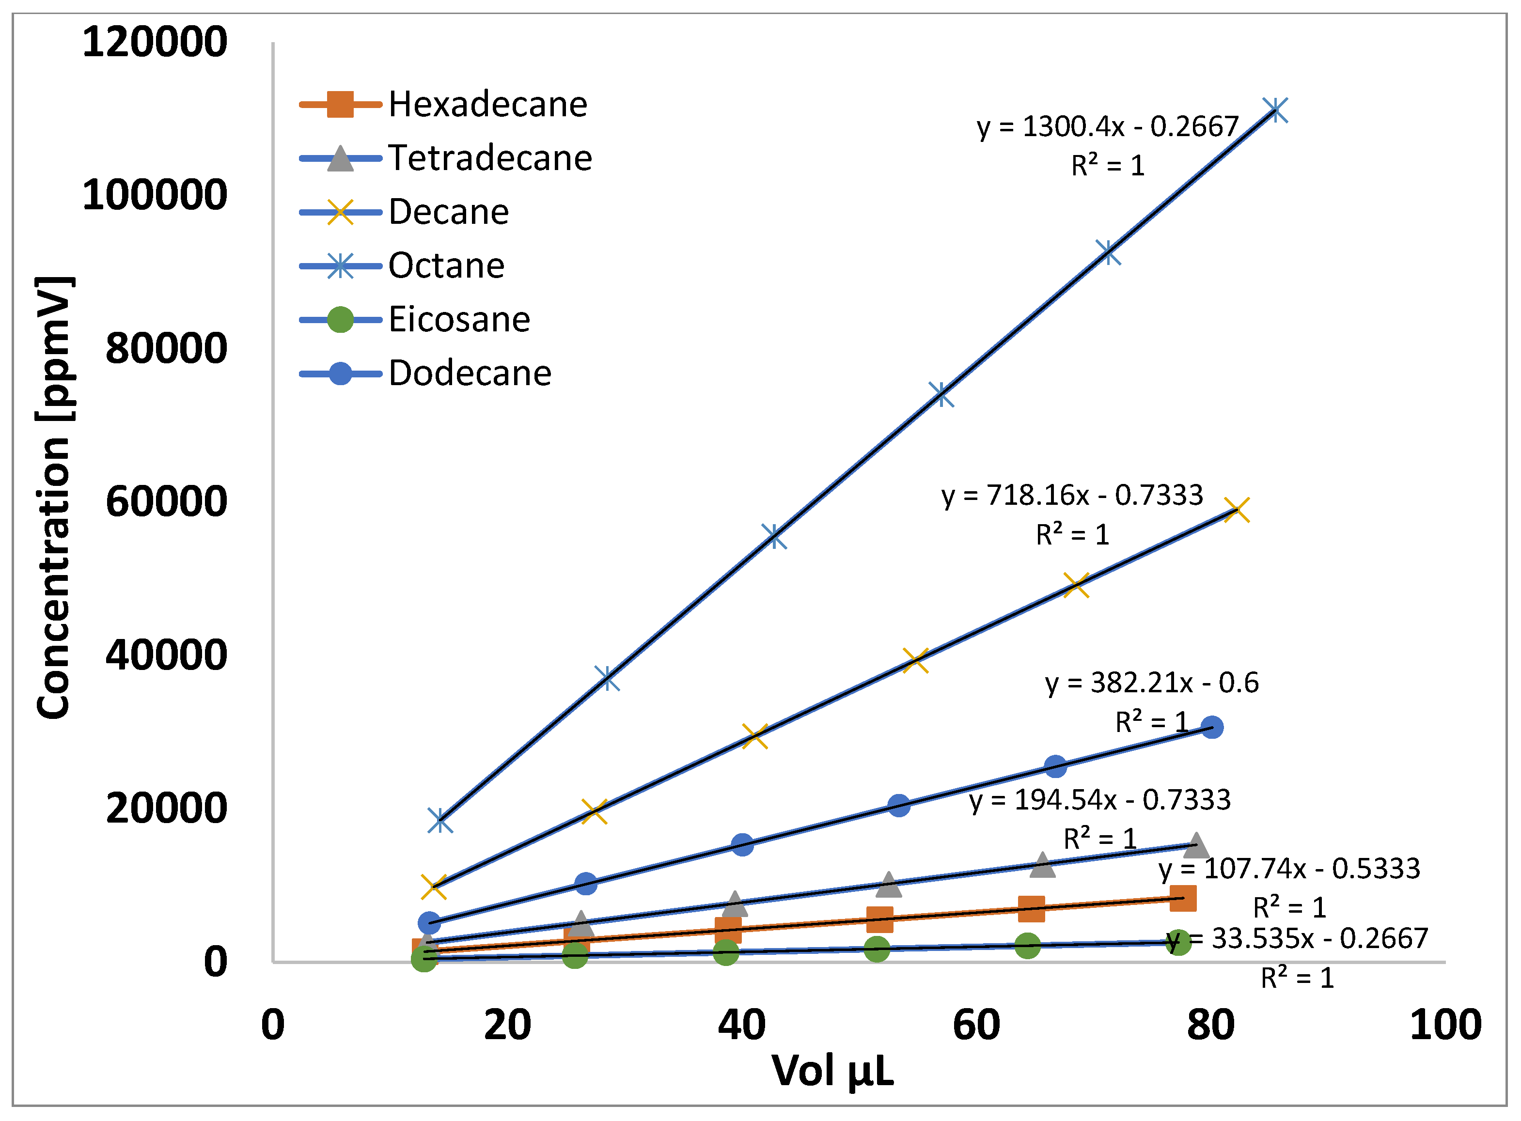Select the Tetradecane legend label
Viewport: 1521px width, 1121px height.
click(489, 158)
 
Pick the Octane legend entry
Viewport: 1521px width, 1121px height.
click(446, 265)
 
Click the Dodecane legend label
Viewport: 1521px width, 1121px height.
click(470, 373)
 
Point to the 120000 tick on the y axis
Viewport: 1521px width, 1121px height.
click(155, 42)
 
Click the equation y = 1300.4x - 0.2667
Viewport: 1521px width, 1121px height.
click(1108, 127)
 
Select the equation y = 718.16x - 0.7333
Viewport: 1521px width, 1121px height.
click(1072, 496)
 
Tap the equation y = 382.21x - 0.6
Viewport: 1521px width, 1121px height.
click(1151, 683)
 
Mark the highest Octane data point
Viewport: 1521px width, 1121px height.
click(1275, 110)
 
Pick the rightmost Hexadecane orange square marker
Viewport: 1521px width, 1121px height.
click(1183, 899)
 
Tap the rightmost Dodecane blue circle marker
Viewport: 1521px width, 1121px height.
click(1211, 728)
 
